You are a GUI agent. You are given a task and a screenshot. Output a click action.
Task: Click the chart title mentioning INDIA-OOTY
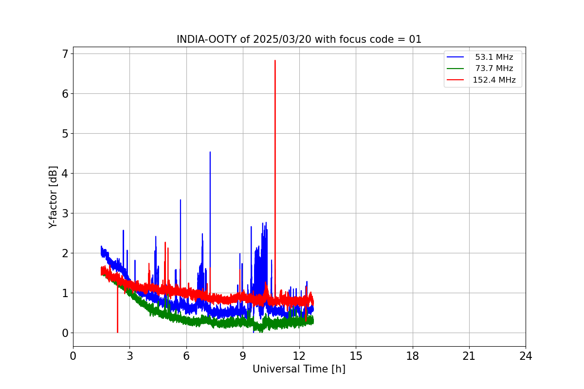[299, 39]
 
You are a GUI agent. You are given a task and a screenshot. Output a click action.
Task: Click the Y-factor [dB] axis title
[53, 197]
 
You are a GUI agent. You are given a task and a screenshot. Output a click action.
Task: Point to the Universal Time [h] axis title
[299, 369]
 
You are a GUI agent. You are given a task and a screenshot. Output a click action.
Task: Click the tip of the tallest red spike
[275, 61]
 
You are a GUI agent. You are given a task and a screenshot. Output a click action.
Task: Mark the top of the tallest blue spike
[210, 152]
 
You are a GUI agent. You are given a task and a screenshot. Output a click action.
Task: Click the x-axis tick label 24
[526, 356]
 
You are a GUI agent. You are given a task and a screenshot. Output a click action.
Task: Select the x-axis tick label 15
[356, 356]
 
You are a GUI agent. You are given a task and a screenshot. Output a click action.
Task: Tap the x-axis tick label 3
[129, 356]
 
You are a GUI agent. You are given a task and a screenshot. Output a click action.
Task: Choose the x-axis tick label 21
[469, 356]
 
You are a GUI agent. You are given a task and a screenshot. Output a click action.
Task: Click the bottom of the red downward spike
[117, 332]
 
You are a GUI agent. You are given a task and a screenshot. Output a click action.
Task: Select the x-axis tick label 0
[73, 356]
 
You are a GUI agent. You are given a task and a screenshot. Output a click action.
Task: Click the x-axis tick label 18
[413, 356]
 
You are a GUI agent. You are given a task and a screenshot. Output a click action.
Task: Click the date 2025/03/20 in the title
[276, 39]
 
